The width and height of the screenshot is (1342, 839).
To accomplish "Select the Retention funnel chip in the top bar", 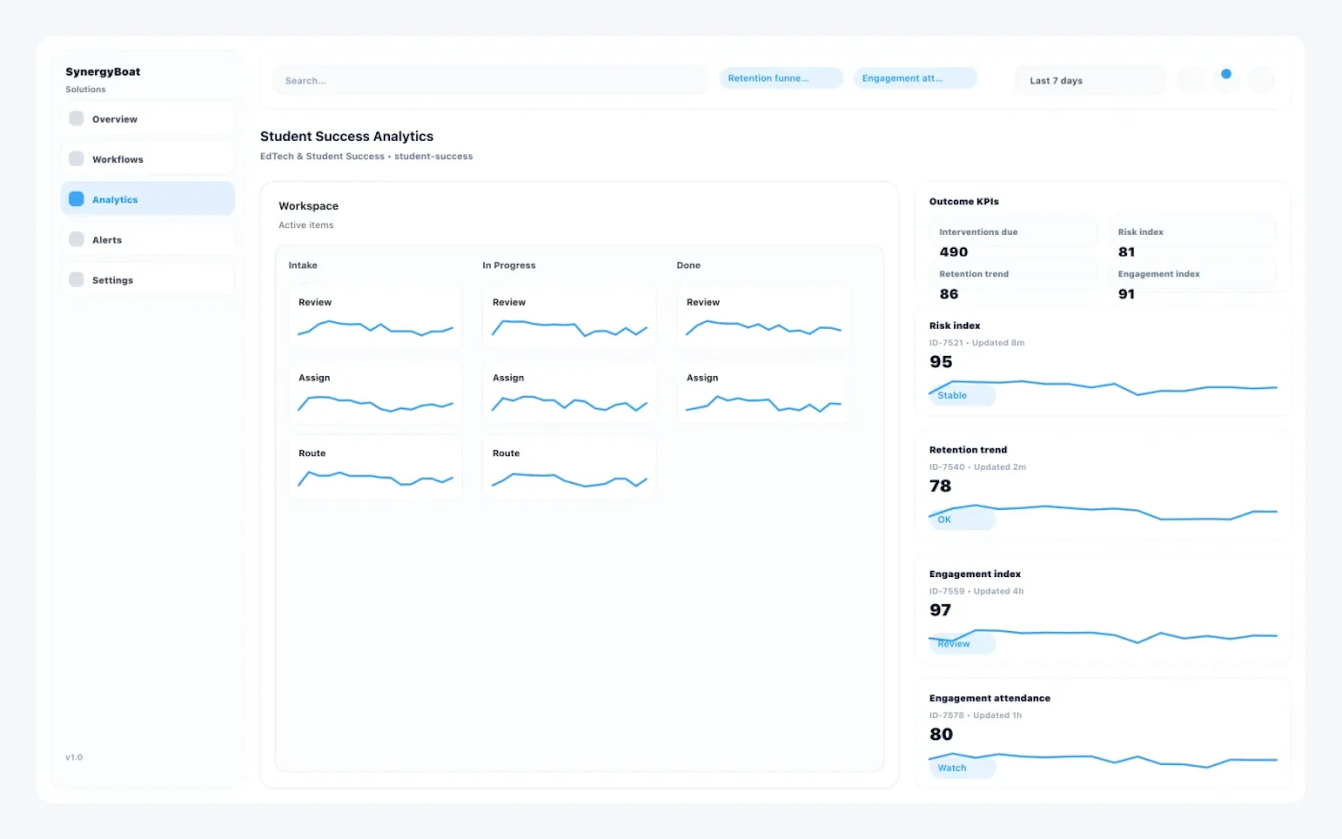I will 781,78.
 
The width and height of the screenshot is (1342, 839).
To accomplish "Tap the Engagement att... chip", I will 915,78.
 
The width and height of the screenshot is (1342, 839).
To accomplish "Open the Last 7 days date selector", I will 1089,80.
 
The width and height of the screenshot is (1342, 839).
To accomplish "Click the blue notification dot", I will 1226,74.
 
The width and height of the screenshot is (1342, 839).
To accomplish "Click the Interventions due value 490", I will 953,252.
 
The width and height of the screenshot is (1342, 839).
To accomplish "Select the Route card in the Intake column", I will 375,467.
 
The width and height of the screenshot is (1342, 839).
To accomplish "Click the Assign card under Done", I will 763,392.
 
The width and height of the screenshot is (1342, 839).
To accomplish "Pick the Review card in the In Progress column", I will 569,316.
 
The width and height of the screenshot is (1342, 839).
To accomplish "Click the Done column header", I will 688,265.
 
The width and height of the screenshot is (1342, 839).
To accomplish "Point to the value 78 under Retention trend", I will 940,486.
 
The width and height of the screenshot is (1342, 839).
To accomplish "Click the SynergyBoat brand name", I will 103,72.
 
